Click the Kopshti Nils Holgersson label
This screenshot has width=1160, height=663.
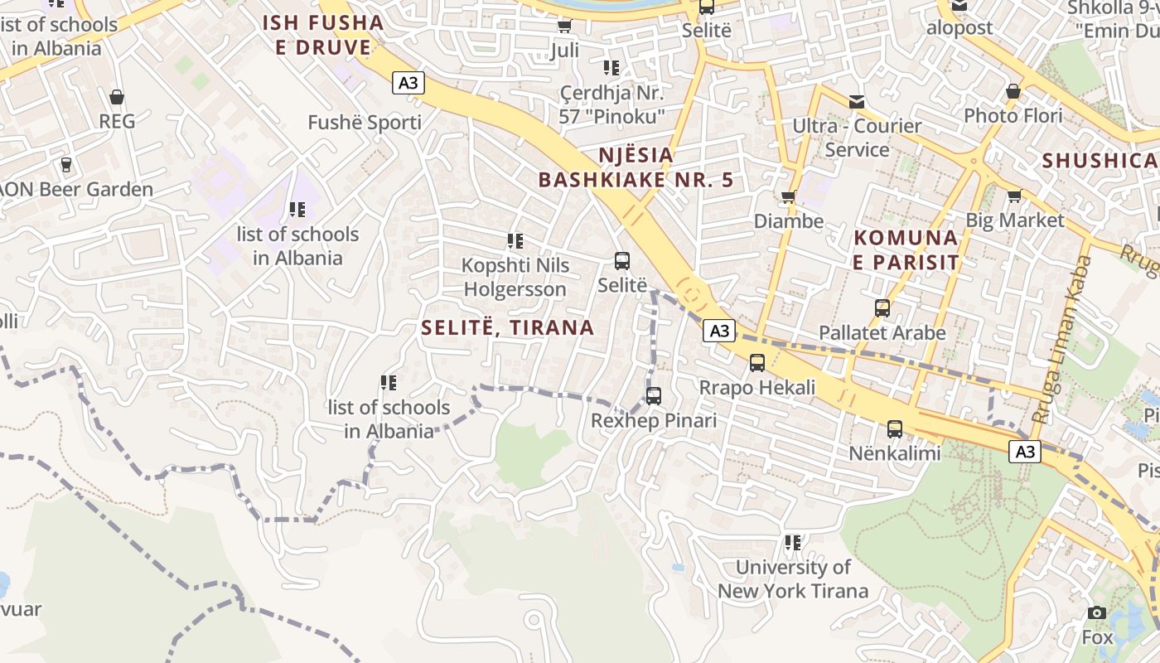515,277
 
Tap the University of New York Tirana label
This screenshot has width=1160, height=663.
793,578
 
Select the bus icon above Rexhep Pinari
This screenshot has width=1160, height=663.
654,396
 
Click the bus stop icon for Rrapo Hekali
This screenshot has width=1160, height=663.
757,363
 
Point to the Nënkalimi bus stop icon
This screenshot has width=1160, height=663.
895,429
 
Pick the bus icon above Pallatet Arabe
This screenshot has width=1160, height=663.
882,308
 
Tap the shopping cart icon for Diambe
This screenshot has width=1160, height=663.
788,197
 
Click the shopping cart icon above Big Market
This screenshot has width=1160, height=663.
1014,196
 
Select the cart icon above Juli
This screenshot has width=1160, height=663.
565,27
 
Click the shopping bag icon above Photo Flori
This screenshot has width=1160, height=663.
1013,91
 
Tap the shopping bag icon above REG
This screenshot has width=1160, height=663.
117,97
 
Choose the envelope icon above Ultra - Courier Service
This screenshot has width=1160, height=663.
857,102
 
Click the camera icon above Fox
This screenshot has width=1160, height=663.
1097,613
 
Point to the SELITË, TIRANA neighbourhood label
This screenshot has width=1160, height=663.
507,327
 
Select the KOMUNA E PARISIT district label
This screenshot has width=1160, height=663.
906,249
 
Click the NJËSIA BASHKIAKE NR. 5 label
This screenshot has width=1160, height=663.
636,167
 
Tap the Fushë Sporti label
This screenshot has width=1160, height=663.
365,123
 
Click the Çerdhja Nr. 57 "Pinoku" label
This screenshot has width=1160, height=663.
611,104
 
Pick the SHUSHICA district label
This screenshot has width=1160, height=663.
1099,160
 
